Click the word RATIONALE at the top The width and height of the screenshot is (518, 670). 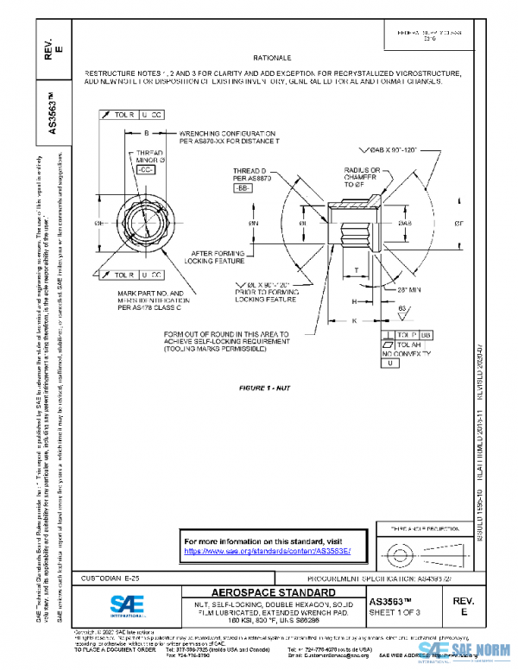click(x=273, y=54)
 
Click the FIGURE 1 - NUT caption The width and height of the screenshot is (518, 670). click(x=264, y=389)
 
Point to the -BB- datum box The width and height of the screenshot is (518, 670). click(x=243, y=187)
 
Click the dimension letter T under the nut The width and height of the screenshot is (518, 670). click(x=357, y=270)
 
